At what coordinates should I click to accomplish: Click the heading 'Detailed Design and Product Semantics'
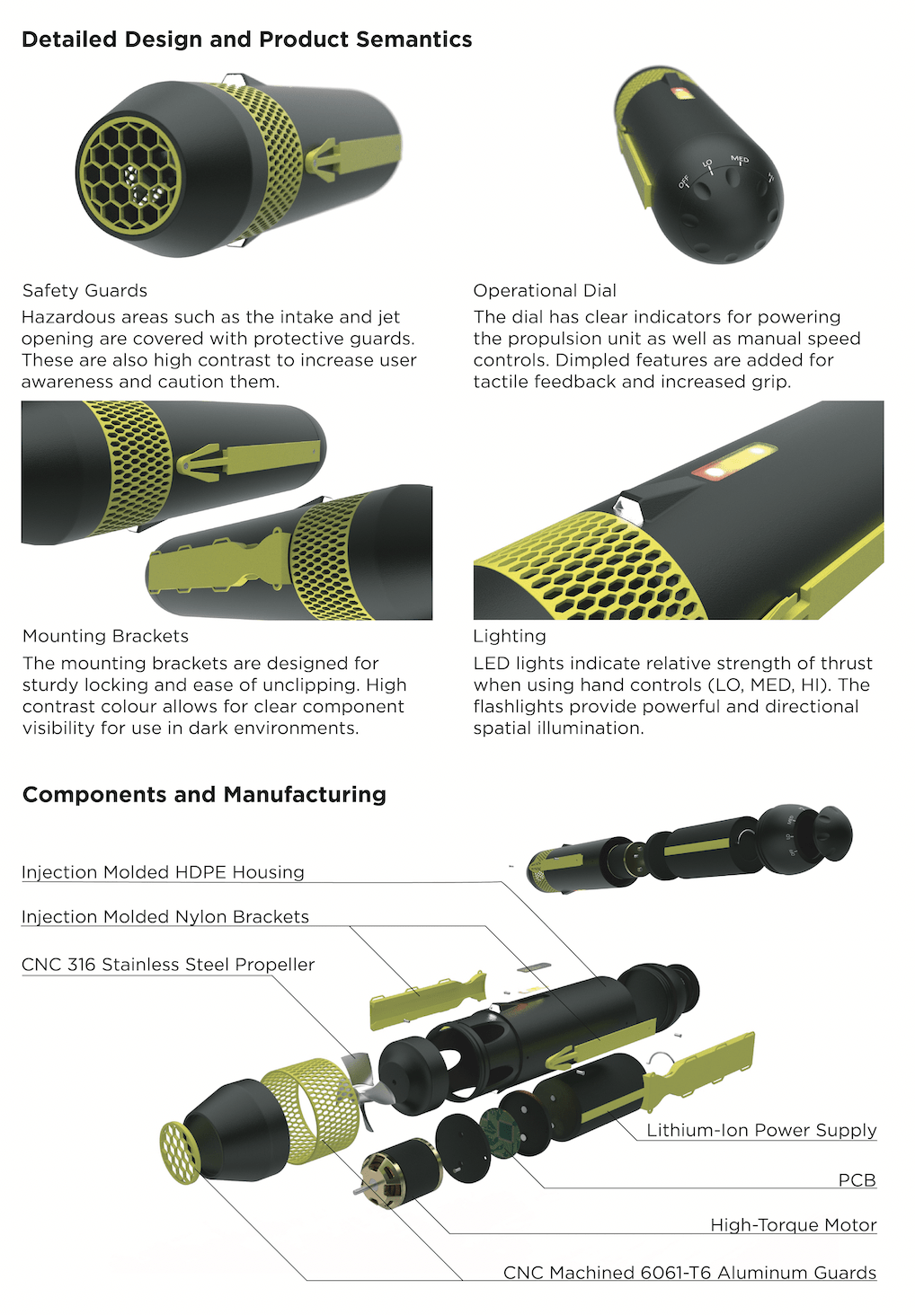(246, 40)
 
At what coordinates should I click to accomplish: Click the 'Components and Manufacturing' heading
(204, 794)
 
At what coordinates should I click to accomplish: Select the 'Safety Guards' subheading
(84, 291)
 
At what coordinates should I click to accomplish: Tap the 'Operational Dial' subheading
(545, 291)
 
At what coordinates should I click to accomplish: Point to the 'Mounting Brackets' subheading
(106, 636)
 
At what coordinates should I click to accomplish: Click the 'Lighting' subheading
(510, 636)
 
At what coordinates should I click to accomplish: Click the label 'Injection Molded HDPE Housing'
(163, 872)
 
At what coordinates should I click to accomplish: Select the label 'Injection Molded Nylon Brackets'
(165, 916)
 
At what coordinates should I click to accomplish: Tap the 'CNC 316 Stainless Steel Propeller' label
(168, 965)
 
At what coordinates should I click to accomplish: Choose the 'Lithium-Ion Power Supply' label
(761, 1130)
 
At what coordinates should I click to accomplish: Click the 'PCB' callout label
(857, 1180)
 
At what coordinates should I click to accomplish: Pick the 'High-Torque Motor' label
(794, 1225)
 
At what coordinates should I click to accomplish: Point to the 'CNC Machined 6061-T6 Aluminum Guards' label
(689, 1273)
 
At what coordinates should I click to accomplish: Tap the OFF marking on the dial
(684, 181)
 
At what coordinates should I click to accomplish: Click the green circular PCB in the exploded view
(501, 1133)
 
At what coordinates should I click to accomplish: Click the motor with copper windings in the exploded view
(402, 1173)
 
